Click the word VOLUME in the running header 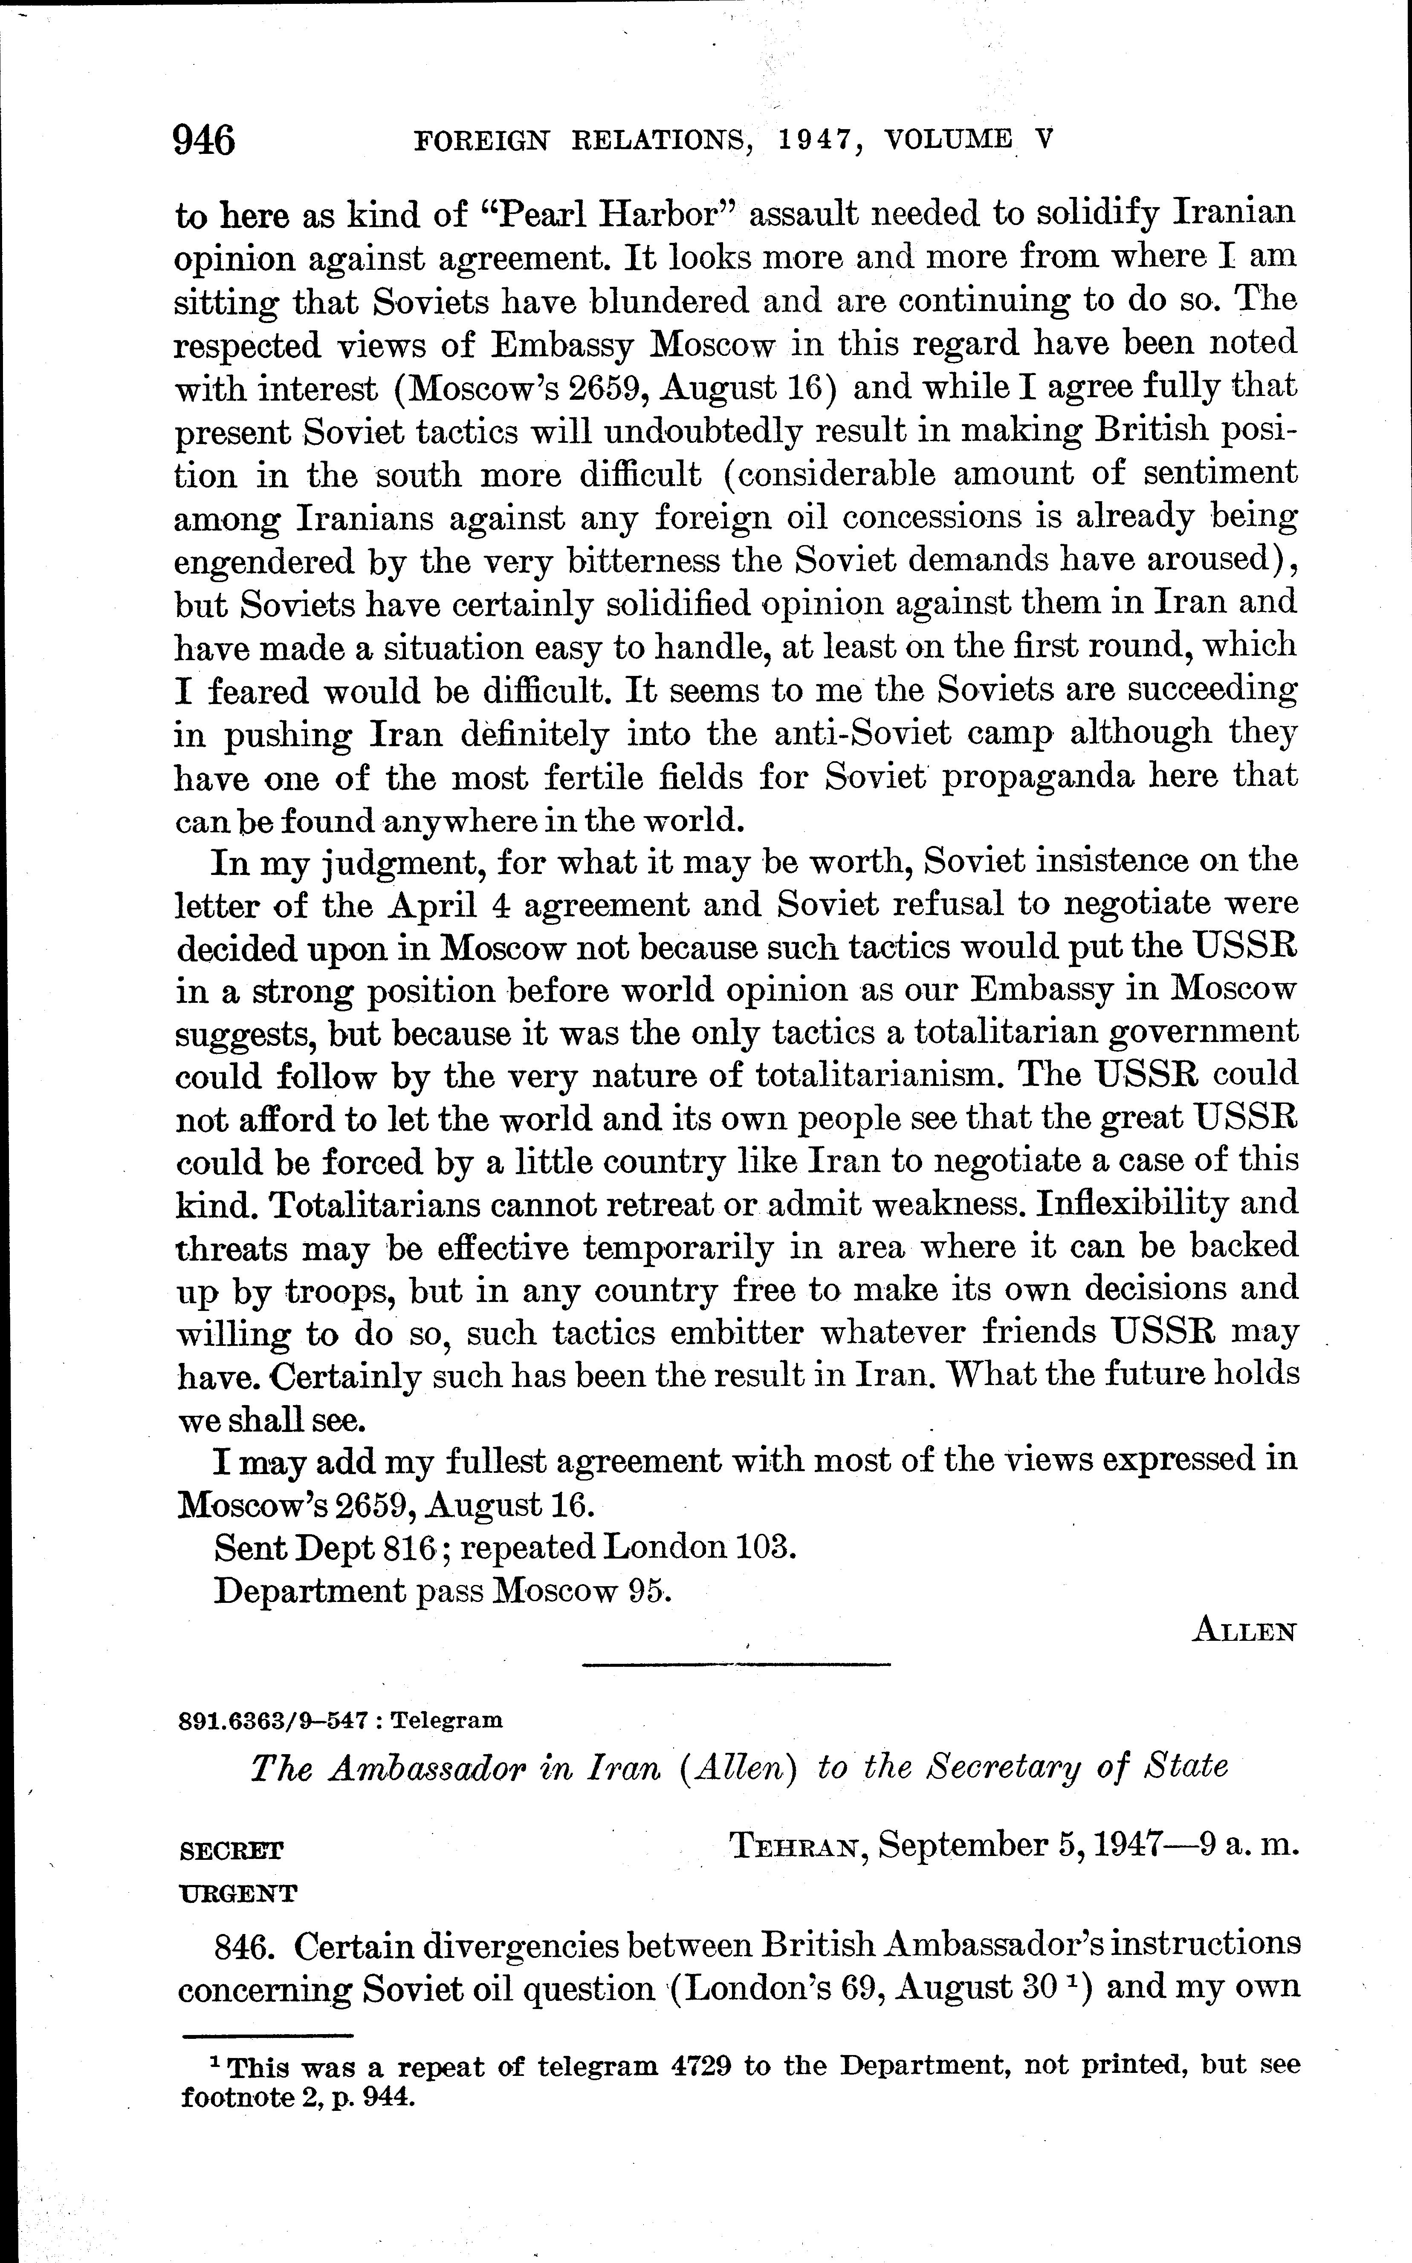[948, 140]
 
